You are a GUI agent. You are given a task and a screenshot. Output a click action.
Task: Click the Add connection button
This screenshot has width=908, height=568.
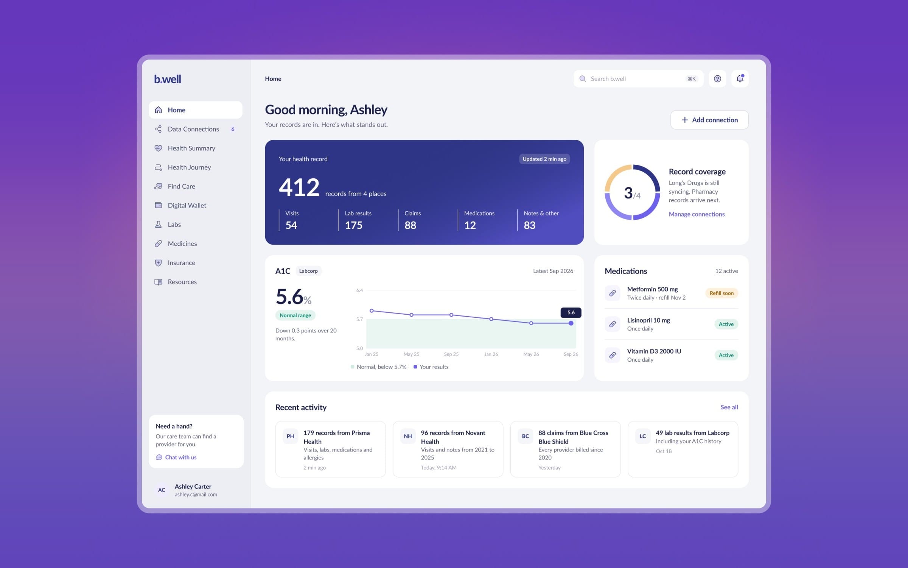(709, 120)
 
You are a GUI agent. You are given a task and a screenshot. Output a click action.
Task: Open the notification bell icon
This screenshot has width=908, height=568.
(740, 78)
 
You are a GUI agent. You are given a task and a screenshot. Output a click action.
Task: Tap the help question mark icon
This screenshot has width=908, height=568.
(717, 79)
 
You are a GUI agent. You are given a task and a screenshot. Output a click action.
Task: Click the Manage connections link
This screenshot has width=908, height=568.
(697, 214)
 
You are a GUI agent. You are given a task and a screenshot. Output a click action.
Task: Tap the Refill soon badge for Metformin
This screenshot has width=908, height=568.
(721, 293)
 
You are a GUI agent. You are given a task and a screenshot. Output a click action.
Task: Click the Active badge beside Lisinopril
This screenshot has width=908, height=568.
(726, 324)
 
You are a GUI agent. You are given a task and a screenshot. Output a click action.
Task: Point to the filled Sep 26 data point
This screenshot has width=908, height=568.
(571, 323)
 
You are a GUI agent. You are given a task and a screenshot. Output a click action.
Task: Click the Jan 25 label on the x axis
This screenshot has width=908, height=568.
(372, 354)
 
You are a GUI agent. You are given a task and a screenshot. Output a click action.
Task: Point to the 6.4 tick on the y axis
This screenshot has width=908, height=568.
(359, 290)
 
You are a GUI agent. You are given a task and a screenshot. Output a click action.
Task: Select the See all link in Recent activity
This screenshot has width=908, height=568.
(729, 407)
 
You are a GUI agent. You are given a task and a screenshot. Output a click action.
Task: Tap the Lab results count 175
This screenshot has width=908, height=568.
(354, 225)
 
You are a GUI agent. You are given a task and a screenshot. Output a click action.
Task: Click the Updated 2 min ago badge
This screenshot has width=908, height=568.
(544, 159)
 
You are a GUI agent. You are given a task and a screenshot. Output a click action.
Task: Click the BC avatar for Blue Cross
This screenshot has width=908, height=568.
(526, 436)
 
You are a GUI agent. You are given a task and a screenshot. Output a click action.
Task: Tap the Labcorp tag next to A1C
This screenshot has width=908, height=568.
(308, 271)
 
